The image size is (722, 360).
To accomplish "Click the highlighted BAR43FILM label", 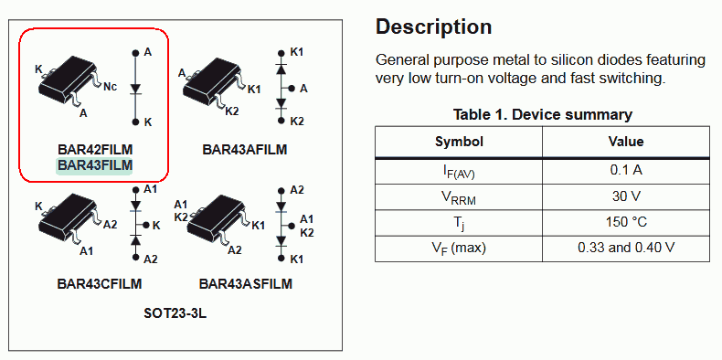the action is click(94, 165).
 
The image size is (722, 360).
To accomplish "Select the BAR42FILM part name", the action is click(95, 150).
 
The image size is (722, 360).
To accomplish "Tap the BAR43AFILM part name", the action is click(245, 150).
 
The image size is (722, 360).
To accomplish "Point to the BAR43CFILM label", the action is click(100, 284).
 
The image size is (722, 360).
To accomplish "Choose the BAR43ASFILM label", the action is click(246, 284).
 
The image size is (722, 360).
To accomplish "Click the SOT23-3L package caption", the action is click(175, 314).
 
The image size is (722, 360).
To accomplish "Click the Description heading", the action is click(434, 27).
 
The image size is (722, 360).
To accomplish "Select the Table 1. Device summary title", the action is click(543, 114).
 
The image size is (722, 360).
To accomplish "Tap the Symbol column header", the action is click(459, 142).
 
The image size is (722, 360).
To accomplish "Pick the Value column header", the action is click(626, 142).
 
